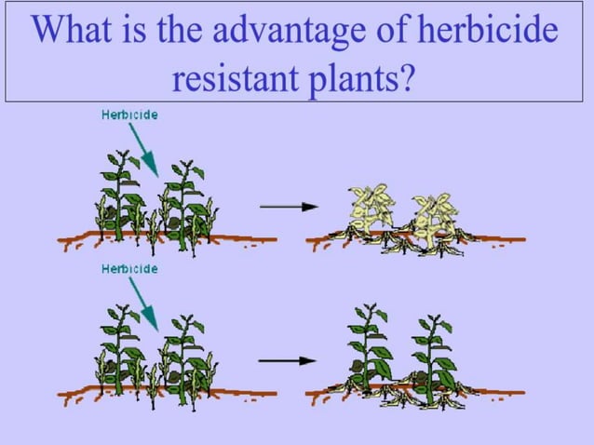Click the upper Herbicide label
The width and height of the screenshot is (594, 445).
(x=129, y=115)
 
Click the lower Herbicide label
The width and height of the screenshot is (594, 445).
(x=129, y=269)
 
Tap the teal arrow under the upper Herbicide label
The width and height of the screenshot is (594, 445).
(x=145, y=149)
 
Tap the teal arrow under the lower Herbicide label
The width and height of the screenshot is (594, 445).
(x=145, y=304)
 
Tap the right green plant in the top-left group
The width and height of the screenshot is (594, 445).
(x=186, y=200)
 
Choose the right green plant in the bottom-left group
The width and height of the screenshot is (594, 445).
(x=186, y=354)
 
